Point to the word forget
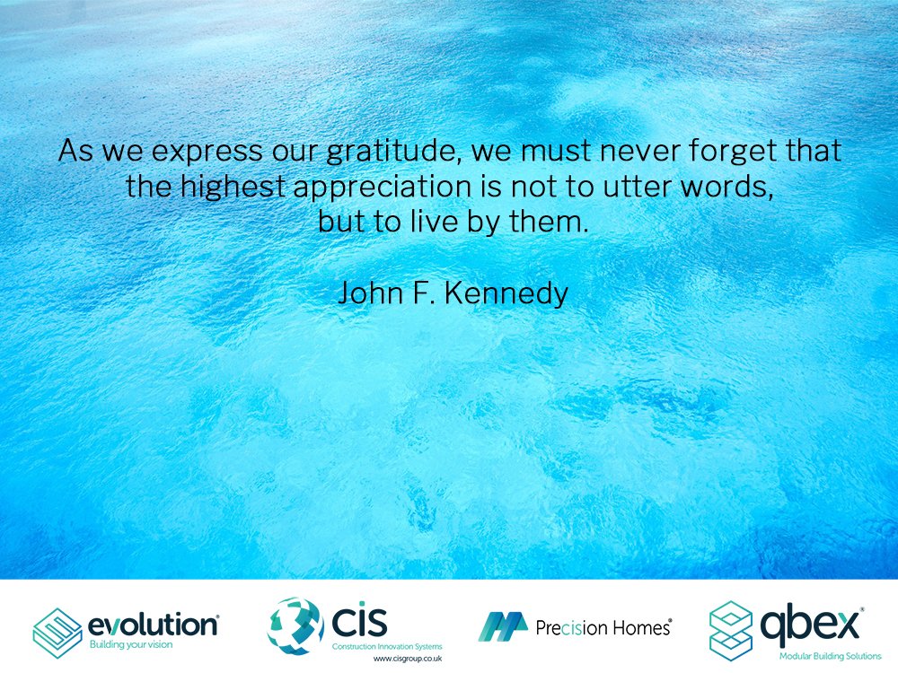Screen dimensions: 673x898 pos(715,151)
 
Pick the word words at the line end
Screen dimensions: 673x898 pos(727,187)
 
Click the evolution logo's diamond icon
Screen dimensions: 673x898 pos(57,634)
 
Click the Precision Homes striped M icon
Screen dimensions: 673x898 pos(502,627)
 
